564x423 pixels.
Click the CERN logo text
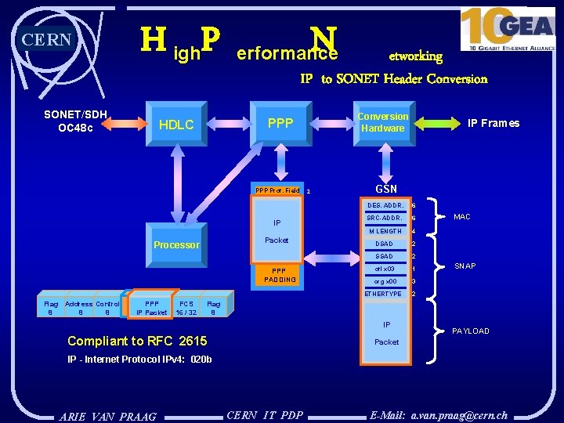(x=47, y=40)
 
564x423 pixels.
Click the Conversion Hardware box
(x=382, y=122)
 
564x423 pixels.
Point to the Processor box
(x=176, y=245)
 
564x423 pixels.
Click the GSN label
(x=386, y=189)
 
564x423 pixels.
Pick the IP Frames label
(x=493, y=123)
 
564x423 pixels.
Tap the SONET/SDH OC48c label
(x=76, y=121)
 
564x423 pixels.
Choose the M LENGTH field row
(x=384, y=231)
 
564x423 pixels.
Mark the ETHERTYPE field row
(x=383, y=294)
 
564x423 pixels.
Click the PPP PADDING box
(x=280, y=275)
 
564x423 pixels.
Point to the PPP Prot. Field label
(x=277, y=190)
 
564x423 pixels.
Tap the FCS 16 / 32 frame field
(x=186, y=308)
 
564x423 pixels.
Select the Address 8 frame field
(x=78, y=308)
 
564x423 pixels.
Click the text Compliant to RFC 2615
(x=137, y=341)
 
